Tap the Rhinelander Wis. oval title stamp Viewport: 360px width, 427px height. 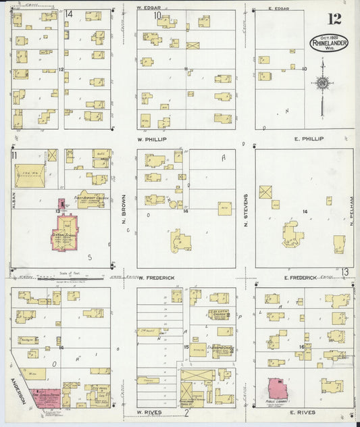coord(329,44)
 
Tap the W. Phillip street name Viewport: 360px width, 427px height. coord(151,139)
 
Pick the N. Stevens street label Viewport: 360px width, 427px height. coord(246,209)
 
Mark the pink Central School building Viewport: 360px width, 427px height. coord(66,236)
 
